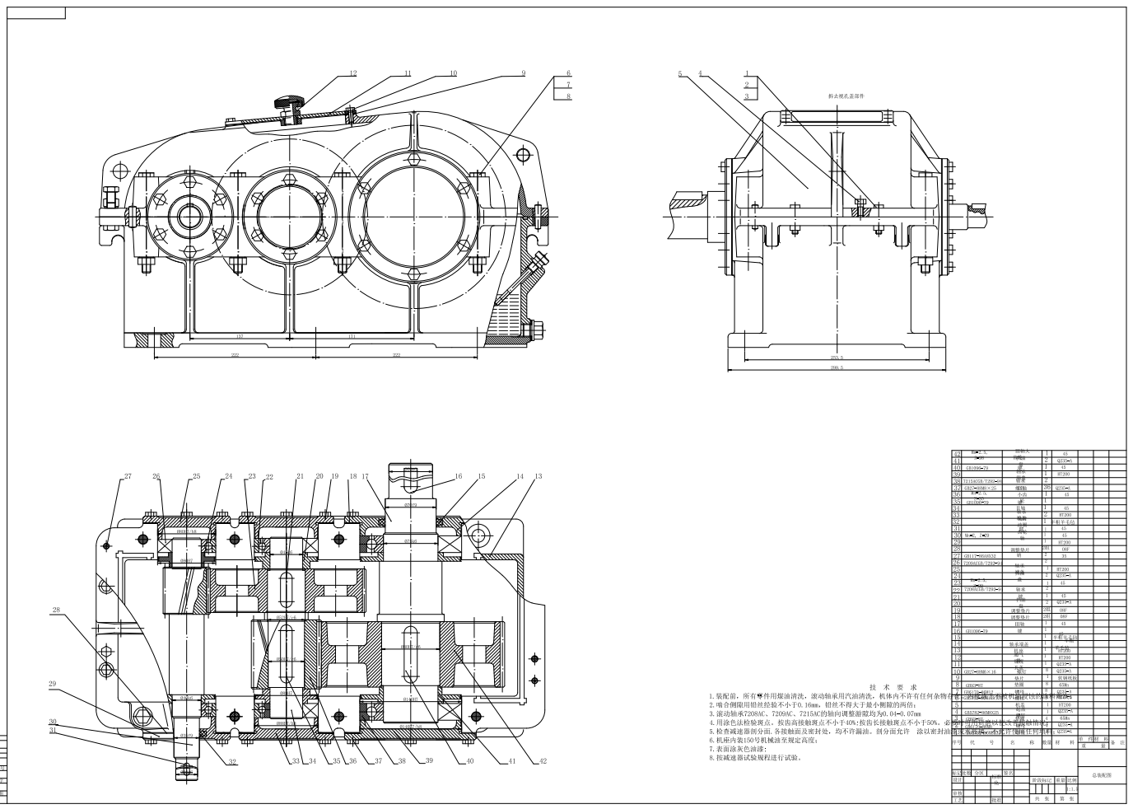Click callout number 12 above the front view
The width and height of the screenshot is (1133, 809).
[353, 73]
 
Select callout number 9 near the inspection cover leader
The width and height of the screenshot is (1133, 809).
[523, 73]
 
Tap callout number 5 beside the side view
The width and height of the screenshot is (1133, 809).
[681, 73]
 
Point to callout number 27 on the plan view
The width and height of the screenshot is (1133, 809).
[128, 476]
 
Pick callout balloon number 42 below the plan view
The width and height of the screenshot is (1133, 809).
[543, 761]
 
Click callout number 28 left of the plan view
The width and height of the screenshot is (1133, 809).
[56, 610]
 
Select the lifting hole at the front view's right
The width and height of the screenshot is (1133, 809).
[522, 154]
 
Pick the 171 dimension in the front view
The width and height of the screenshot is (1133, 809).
[352, 336]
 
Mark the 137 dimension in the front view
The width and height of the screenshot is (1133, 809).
[240, 336]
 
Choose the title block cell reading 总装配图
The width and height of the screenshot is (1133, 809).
[1100, 775]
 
